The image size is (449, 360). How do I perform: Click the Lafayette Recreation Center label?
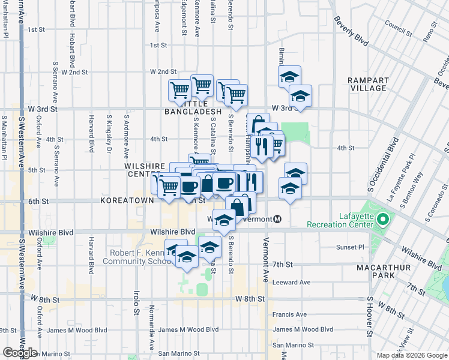click(x=339, y=220)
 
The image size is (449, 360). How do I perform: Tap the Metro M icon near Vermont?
click(x=277, y=219)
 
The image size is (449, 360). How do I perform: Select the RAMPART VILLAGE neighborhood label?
click(x=368, y=83)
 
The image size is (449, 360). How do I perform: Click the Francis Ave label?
click(x=289, y=314)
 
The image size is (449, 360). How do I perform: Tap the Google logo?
click(x=20, y=353)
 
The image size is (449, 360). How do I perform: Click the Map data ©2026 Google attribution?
click(x=412, y=355)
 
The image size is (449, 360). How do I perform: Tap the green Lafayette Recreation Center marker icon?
click(x=382, y=220)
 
